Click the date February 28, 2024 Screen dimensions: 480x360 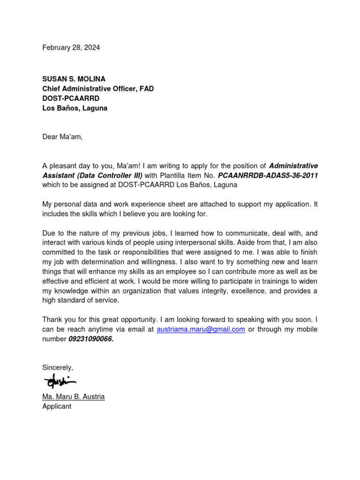[x=71, y=47]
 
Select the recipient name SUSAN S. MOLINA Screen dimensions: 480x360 [x=74, y=79]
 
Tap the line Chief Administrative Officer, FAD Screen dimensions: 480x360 [x=98, y=89]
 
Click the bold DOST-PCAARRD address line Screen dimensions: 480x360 [x=71, y=98]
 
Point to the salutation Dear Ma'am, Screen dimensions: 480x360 [x=62, y=137]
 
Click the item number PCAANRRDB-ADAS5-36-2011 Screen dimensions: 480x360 [x=268, y=175]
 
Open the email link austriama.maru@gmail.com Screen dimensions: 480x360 [x=201, y=329]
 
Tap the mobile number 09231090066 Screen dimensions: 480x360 [x=91, y=339]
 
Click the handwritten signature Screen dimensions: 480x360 [x=60, y=381]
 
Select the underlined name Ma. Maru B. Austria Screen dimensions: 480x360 [x=74, y=397]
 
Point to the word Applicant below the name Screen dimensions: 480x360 [x=57, y=406]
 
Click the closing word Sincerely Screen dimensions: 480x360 [x=57, y=367]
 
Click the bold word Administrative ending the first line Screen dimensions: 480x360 [x=293, y=165]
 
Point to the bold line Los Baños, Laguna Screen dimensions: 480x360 [x=75, y=108]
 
